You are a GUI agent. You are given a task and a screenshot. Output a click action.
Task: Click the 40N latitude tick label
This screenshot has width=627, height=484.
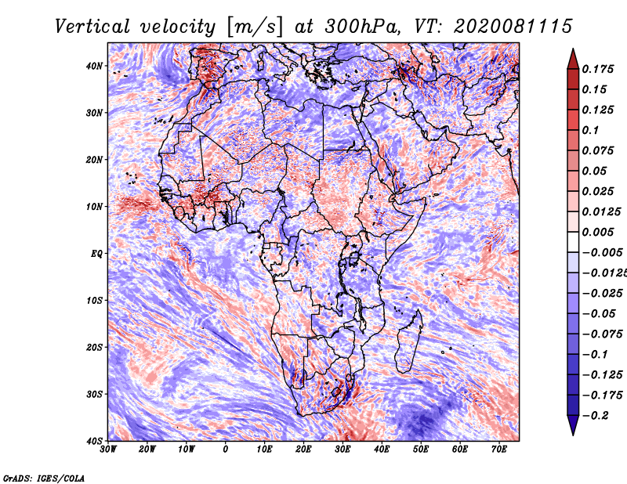click(x=94, y=66)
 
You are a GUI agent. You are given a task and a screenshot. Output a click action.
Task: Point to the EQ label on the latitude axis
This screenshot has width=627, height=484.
click(x=96, y=254)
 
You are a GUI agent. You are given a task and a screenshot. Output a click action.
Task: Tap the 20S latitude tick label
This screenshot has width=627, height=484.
click(x=94, y=347)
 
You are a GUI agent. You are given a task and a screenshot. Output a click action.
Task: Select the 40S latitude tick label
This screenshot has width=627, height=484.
click(x=94, y=441)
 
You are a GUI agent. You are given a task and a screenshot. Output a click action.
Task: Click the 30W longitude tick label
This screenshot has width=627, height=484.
click(x=108, y=450)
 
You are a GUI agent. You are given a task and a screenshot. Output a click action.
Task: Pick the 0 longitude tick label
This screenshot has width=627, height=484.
click(x=226, y=450)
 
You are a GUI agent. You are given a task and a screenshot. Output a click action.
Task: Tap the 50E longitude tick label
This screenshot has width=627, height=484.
click(x=421, y=450)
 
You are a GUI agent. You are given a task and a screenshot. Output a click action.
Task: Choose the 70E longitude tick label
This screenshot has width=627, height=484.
click(x=499, y=450)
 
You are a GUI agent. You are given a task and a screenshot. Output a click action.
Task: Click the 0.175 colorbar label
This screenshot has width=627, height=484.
click(x=597, y=69)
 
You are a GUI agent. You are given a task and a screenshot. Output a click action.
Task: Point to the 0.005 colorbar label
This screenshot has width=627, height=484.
click(x=597, y=232)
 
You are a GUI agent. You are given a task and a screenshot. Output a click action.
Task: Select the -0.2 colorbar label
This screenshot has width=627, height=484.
click(x=595, y=415)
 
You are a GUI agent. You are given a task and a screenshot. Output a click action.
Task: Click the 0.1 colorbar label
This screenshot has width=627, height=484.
click(x=590, y=130)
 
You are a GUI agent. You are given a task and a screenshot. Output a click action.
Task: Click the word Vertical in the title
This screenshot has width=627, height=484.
click(x=92, y=27)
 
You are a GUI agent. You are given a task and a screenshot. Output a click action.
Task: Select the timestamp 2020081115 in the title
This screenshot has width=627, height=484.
click(x=513, y=27)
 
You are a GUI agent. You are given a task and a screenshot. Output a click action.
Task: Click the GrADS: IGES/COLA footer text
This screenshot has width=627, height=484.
click(x=44, y=479)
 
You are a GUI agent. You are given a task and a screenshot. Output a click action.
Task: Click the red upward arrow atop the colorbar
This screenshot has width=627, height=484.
click(x=573, y=59)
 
